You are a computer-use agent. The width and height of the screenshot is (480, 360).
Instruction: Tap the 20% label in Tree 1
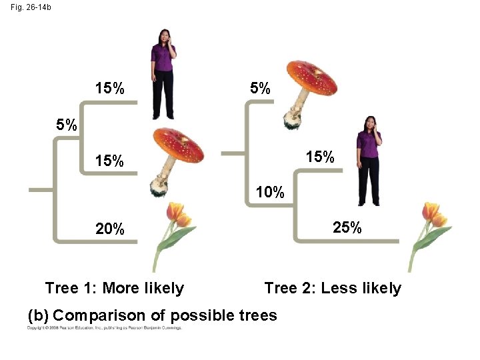pos(110,229)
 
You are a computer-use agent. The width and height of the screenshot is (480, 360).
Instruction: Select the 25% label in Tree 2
pos(347,227)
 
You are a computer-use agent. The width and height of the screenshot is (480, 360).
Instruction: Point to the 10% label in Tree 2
pos(270,193)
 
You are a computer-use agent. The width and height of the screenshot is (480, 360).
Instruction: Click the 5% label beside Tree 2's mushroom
pos(260,88)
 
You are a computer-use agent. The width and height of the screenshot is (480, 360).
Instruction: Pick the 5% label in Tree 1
pos(66,125)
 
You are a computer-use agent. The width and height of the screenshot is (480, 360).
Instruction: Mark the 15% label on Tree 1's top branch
pos(109,88)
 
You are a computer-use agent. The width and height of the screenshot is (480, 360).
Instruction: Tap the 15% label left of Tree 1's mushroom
pos(109,161)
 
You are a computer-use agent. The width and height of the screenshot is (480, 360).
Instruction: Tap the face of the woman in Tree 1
pos(163,37)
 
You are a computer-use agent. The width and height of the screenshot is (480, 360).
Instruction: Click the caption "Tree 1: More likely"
pos(114,288)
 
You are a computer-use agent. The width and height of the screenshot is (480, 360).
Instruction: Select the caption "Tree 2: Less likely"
pos(333,288)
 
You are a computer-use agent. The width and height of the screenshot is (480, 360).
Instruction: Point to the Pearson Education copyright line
pos(104,328)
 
